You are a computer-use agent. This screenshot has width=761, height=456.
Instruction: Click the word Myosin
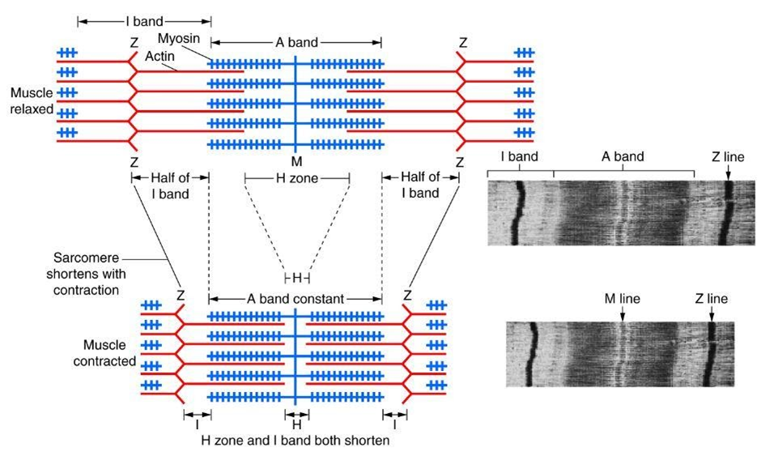click(x=179, y=38)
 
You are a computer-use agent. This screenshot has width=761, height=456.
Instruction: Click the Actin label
click(x=159, y=57)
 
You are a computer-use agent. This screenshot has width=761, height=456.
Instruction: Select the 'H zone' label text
click(x=297, y=178)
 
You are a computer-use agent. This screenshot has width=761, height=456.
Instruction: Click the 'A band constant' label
click(x=295, y=299)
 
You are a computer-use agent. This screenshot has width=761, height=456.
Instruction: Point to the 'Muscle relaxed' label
click(x=32, y=101)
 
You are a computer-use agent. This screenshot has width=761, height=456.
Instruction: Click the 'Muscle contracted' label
click(x=104, y=353)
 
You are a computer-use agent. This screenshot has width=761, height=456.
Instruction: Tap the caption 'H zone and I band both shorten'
click(x=295, y=441)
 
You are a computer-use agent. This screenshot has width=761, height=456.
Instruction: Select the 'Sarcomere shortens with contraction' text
click(x=86, y=274)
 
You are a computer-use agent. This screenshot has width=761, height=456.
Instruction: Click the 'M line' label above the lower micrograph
click(x=623, y=299)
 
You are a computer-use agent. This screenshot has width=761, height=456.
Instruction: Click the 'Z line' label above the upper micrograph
click(x=728, y=157)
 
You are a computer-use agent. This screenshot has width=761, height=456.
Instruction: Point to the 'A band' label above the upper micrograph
click(x=623, y=156)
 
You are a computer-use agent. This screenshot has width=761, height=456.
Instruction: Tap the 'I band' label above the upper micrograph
click(x=519, y=156)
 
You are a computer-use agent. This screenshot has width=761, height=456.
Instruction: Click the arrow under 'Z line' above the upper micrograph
click(x=728, y=172)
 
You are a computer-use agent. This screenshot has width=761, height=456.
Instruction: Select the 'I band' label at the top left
click(x=144, y=21)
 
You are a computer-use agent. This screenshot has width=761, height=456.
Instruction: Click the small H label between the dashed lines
click(x=297, y=279)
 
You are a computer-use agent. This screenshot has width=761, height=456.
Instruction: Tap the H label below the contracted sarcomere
click(x=297, y=424)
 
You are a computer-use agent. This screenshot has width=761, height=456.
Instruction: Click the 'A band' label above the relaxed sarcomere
click(x=296, y=42)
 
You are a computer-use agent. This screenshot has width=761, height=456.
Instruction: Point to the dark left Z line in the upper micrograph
click(x=517, y=213)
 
